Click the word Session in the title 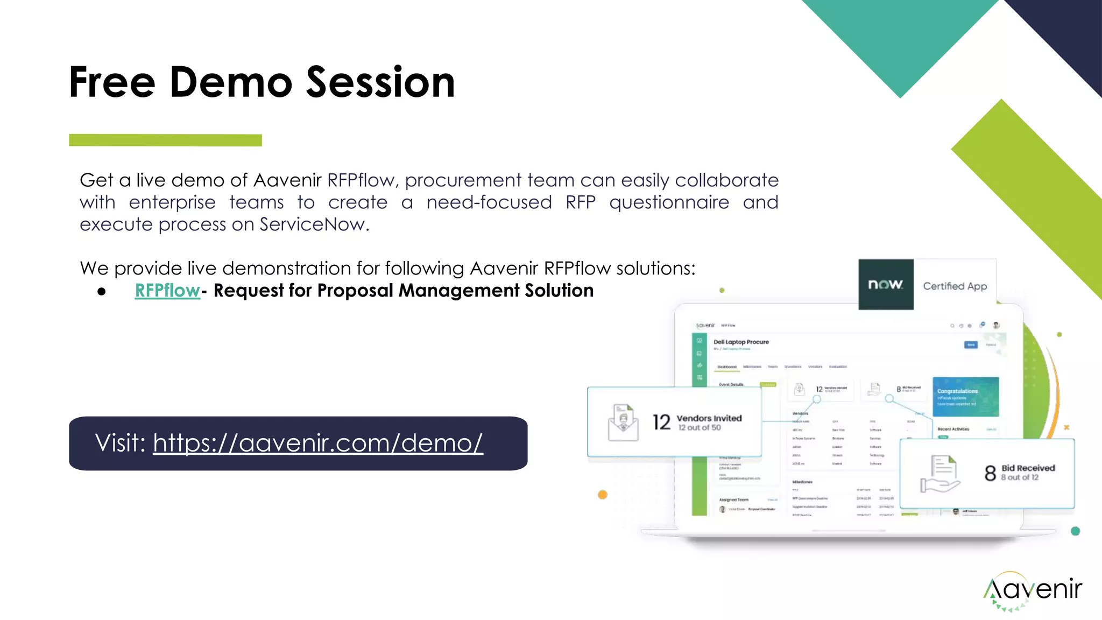click(x=380, y=82)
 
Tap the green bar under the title click(x=165, y=140)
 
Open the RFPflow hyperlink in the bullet click(x=167, y=291)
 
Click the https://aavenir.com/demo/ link click(x=317, y=443)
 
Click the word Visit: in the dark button click(x=121, y=443)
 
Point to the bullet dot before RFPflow click(x=102, y=292)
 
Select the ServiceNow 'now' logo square click(x=886, y=284)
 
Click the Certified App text click(x=955, y=286)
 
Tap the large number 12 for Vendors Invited click(x=661, y=422)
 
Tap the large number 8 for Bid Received click(x=990, y=473)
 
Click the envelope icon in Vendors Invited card click(x=623, y=423)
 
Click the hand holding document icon click(x=939, y=474)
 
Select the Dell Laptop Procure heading click(x=741, y=342)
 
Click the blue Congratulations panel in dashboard click(x=965, y=397)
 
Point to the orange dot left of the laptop click(x=603, y=495)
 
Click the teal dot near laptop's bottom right click(x=1075, y=531)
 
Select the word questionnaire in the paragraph click(x=669, y=202)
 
